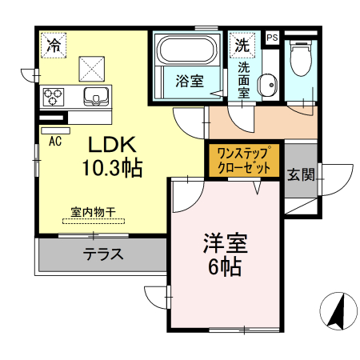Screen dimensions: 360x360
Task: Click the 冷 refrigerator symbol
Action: (53, 45)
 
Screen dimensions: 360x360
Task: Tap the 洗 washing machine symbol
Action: (241, 46)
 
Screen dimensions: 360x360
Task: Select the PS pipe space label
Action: (271, 38)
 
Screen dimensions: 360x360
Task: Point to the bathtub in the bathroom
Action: (186, 54)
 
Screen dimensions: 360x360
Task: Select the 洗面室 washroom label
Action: (243, 80)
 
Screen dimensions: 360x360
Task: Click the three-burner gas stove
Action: (54, 97)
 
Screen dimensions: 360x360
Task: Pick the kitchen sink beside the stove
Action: (97, 98)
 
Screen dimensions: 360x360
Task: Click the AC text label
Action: (56, 142)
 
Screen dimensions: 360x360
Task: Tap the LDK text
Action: (114, 146)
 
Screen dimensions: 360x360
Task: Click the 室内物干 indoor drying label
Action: (94, 212)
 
